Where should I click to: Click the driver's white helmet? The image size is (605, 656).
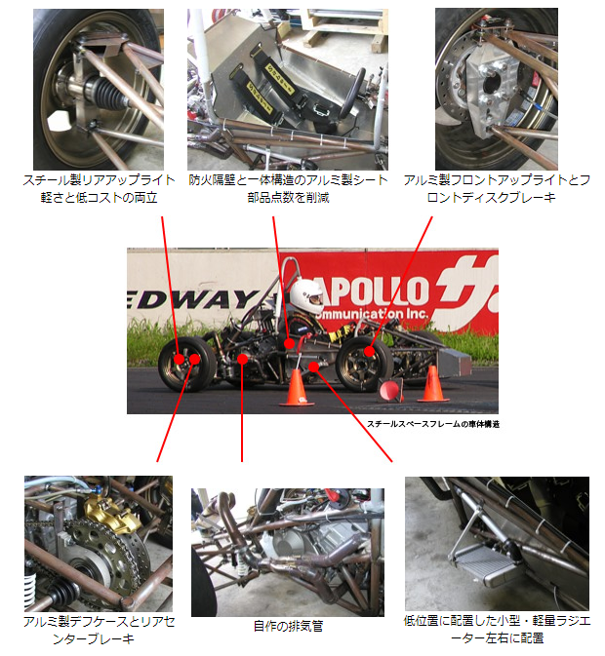306,295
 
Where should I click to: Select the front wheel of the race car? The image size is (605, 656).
364,364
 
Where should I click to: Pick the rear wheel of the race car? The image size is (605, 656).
186,364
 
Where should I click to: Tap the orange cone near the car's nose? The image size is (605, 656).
432,384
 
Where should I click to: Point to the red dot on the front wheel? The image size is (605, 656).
369,352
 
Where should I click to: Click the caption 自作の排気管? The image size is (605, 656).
288,626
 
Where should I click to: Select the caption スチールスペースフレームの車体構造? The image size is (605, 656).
433,424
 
